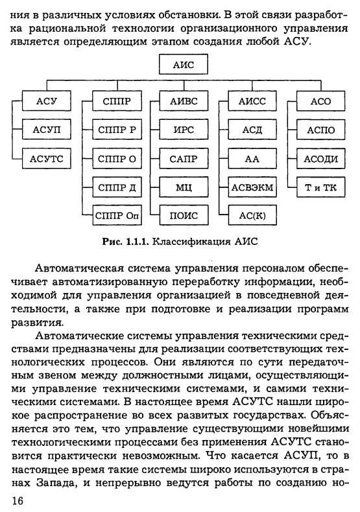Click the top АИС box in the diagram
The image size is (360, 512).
[184, 64]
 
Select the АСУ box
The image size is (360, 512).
[47, 101]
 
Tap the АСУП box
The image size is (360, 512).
[47, 130]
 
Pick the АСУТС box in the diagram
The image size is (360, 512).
[47, 158]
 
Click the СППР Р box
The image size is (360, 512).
[117, 130]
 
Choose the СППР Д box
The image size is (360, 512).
[117, 187]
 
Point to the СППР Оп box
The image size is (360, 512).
[117, 216]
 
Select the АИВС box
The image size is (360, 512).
[184, 101]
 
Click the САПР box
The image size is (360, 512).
[184, 158]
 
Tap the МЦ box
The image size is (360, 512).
[184, 187]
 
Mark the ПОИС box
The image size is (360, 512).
[184, 216]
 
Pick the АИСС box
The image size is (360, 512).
[252, 101]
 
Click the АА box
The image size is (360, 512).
[252, 158]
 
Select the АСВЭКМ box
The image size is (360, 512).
[252, 187]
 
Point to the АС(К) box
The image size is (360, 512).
[252, 216]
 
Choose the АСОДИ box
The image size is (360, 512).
[321, 158]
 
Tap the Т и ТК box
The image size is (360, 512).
[321, 187]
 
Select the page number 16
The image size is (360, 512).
[18, 500]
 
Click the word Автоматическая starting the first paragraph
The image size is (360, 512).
[79, 268]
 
